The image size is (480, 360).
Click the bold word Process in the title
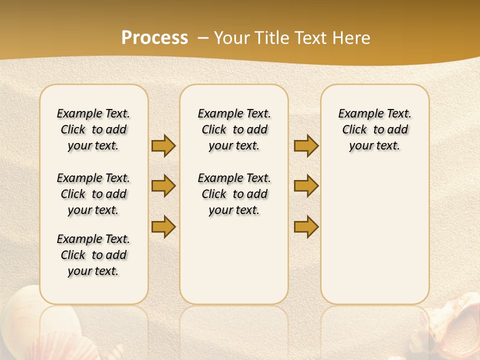pyautogui.click(x=154, y=38)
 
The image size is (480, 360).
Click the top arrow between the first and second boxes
pyautogui.click(x=163, y=145)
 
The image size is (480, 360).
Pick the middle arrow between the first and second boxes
pyautogui.click(x=163, y=186)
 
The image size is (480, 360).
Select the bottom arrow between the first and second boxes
pyautogui.click(x=163, y=226)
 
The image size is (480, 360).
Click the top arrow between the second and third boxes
pyautogui.click(x=306, y=145)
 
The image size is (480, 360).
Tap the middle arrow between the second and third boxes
pyautogui.click(x=306, y=186)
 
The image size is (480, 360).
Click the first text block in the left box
pyautogui.click(x=93, y=129)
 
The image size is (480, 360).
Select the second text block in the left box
pyautogui.click(x=93, y=194)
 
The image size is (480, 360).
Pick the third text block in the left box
pyautogui.click(x=93, y=255)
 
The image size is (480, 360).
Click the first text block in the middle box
pyautogui.click(x=234, y=129)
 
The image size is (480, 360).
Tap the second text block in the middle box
pyautogui.click(x=234, y=194)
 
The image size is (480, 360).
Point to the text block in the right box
pyautogui.click(x=374, y=129)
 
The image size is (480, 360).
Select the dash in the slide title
pyautogui.click(x=203, y=38)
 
